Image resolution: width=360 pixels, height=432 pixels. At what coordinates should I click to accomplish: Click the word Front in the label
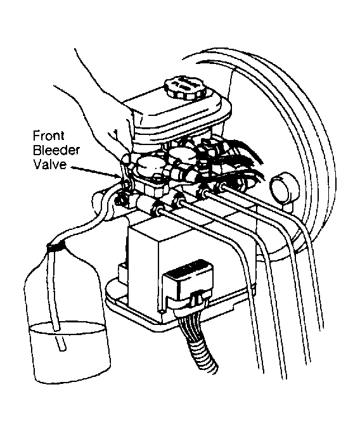pos(49,136)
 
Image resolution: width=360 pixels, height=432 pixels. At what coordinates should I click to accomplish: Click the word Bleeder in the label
pos(56,150)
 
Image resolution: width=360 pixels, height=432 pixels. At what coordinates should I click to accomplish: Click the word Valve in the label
pos(49,165)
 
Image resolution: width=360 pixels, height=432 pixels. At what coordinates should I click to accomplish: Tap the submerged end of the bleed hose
pos(62,348)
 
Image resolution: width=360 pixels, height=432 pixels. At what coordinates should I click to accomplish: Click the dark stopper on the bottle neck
pos(56,247)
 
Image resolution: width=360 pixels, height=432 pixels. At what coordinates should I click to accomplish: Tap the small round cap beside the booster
pos(285,187)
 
